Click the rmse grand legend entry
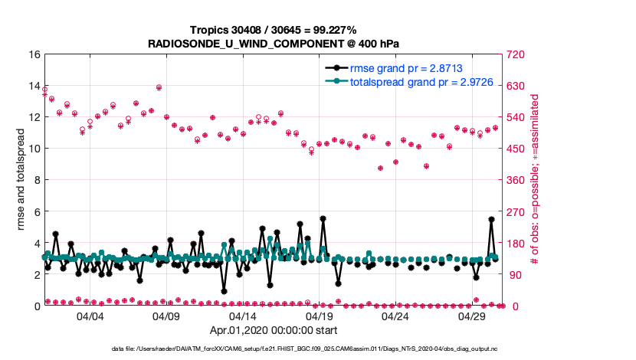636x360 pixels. pyautogui.click(x=405, y=68)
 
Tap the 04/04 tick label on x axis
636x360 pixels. pyautogui.click(x=90, y=316)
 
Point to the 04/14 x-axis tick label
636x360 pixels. pyautogui.click(x=243, y=316)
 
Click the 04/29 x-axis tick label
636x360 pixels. pyautogui.click(x=472, y=316)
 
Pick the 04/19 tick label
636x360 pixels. pyautogui.click(x=320, y=316)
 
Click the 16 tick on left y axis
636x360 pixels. pyautogui.click(x=34, y=54)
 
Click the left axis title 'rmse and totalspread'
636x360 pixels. pyautogui.click(x=21, y=180)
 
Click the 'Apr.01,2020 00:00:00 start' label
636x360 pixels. pyautogui.click(x=274, y=331)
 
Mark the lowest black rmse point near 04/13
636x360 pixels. pyautogui.click(x=224, y=291)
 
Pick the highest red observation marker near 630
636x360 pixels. pyautogui.click(x=159, y=87)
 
